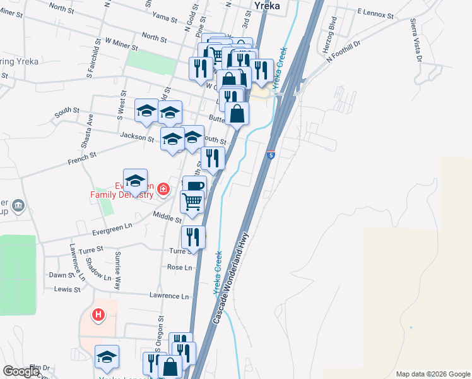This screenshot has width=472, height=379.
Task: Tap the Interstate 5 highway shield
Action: point(270,154)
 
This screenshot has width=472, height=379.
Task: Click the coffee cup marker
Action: point(195,186)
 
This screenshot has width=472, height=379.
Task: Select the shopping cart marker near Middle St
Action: point(192,202)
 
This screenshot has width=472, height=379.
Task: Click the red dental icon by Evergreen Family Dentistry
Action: point(163,188)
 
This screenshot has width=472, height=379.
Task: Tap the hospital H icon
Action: point(98,314)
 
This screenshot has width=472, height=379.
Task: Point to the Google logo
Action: point(21,371)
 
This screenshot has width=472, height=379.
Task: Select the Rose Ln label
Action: point(179,268)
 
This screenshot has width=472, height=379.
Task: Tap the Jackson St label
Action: point(138,137)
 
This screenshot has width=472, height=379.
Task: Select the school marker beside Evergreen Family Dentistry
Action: point(135,181)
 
